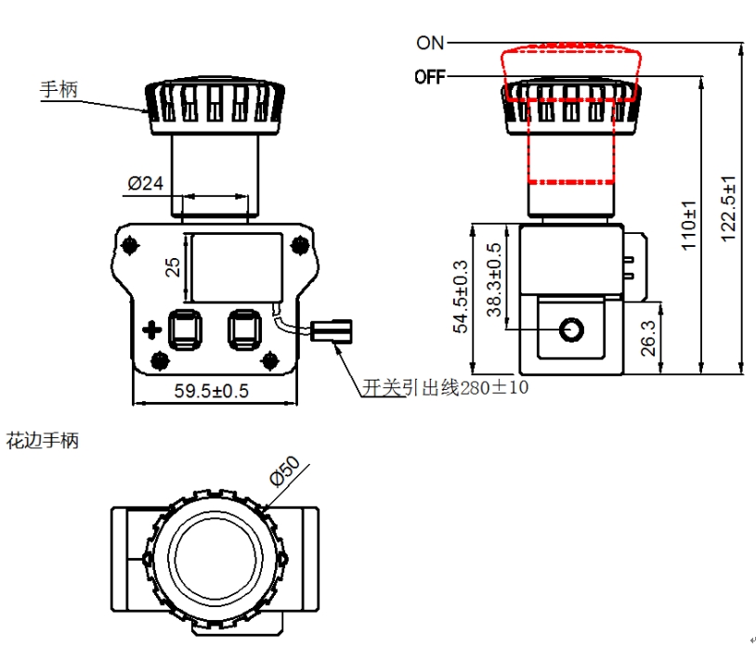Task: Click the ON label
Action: pyautogui.click(x=430, y=43)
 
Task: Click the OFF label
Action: pyautogui.click(x=429, y=77)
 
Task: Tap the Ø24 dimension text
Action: pyautogui.click(x=145, y=184)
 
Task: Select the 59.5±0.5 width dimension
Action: pyautogui.click(x=212, y=391)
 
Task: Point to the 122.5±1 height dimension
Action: pyautogui.click(x=728, y=208)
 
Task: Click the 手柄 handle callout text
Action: pyautogui.click(x=58, y=90)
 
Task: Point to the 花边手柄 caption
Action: pyautogui.click(x=43, y=441)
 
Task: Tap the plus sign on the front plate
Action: pyautogui.click(x=150, y=329)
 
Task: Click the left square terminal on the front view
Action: pyautogui.click(x=183, y=327)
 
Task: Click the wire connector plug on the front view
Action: pyautogui.click(x=332, y=330)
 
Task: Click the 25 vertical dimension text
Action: pyautogui.click(x=173, y=267)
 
